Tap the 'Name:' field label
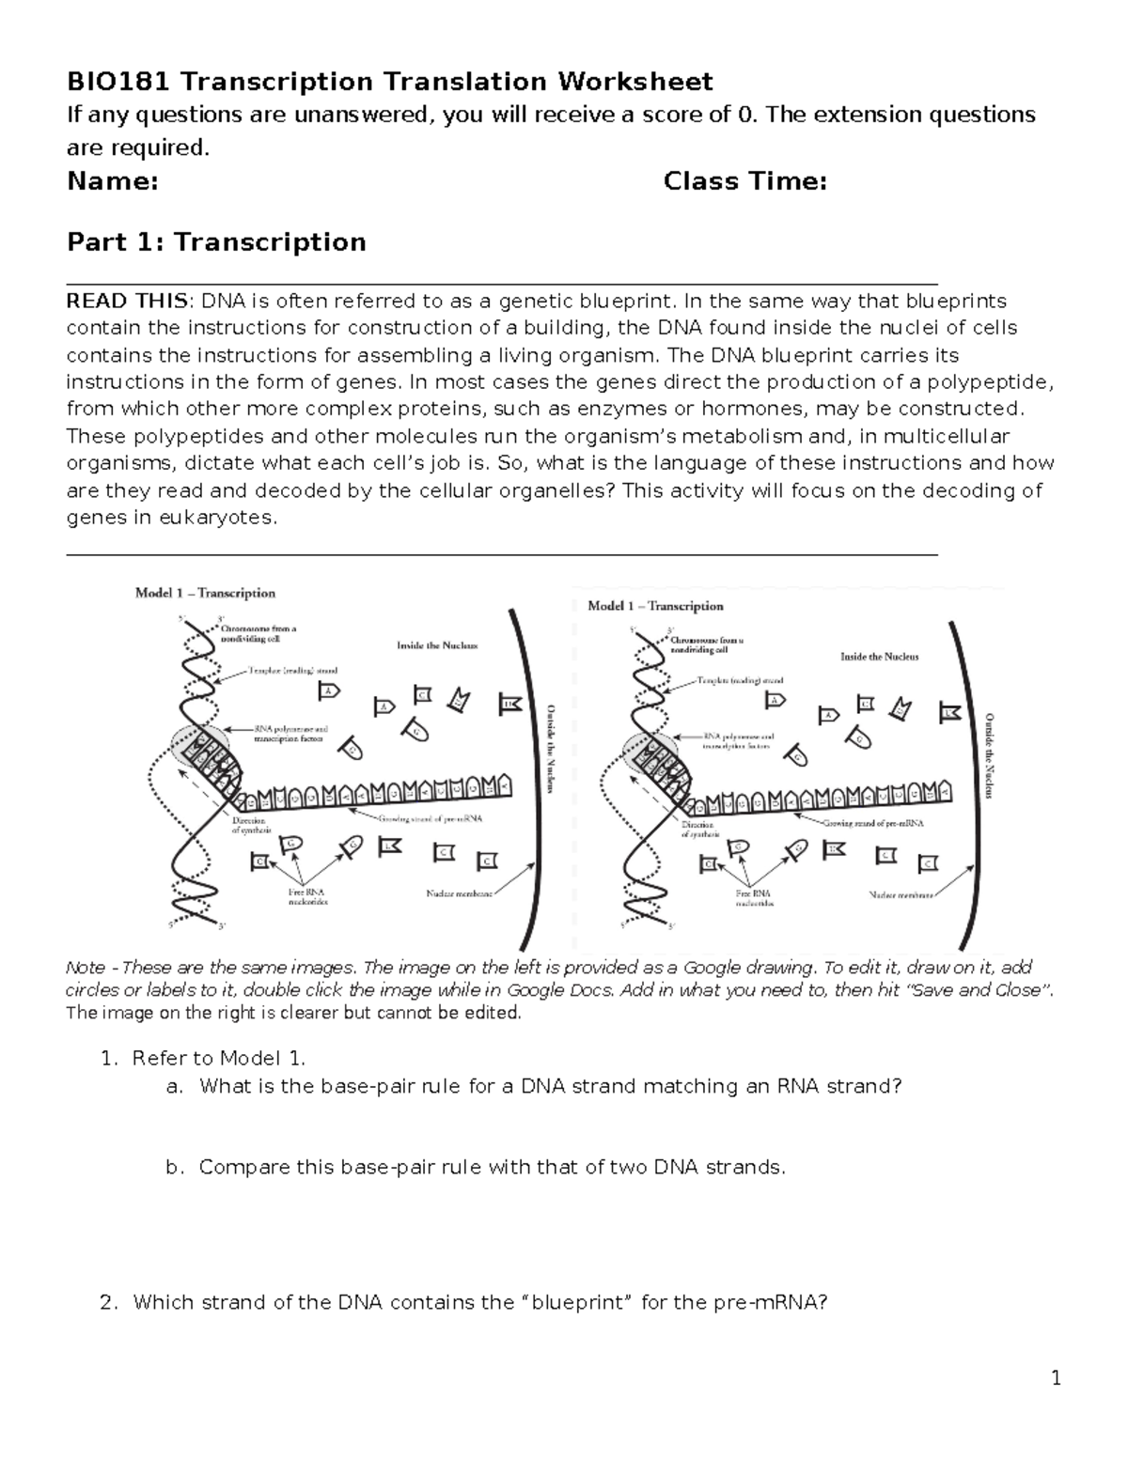(112, 180)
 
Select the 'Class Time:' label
(744, 180)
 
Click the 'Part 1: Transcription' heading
(216, 241)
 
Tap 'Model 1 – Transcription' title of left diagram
(205, 593)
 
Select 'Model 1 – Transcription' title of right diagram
(655, 606)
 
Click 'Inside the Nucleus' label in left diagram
(437, 646)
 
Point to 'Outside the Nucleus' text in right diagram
(988, 755)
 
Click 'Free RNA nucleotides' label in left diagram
(307, 896)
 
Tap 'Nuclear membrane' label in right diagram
(901, 894)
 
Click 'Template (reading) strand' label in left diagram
(292, 671)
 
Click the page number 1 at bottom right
(1056, 1378)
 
